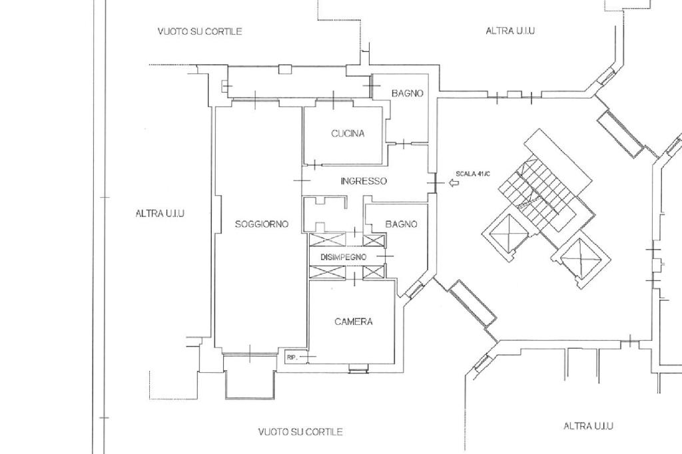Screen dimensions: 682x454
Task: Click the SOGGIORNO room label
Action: point(262,224)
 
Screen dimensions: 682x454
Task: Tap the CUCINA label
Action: point(348,133)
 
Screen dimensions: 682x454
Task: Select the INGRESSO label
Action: point(363,181)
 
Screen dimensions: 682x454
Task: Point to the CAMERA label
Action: point(353,322)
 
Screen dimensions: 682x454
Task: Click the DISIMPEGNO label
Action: point(343,257)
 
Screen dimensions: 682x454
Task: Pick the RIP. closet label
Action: point(291,358)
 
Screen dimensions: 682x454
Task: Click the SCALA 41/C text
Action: point(473,174)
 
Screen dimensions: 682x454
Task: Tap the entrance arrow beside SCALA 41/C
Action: point(454,182)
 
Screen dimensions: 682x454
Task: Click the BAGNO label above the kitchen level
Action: point(407,93)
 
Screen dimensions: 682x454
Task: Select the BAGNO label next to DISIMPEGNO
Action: point(401,224)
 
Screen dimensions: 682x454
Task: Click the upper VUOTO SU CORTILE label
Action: point(199,31)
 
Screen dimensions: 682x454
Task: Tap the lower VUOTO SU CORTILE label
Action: point(300,432)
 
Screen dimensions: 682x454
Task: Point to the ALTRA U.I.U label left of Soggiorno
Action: point(160,214)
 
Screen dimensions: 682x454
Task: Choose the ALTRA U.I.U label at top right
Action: point(510,31)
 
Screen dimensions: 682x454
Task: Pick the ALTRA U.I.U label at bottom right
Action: point(588,426)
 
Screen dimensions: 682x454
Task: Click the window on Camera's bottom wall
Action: point(358,369)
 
